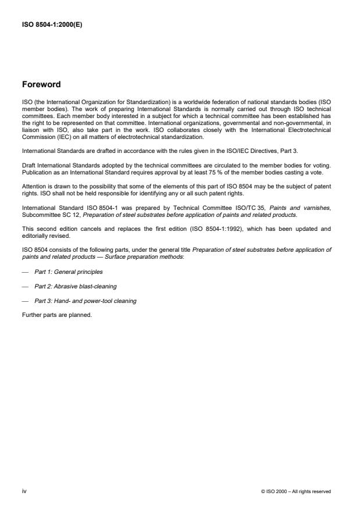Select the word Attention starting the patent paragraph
tap(33, 187)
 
